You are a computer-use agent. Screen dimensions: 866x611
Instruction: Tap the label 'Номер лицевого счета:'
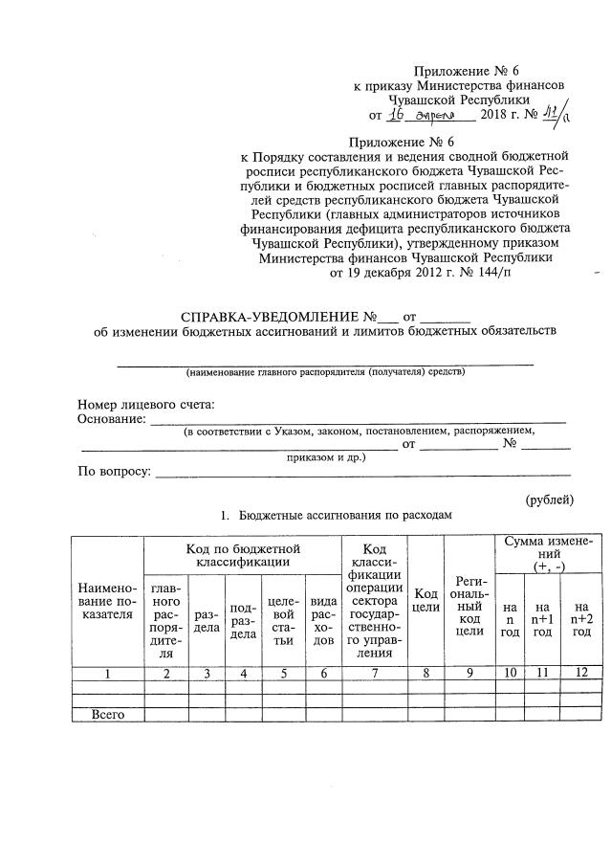[x=145, y=404]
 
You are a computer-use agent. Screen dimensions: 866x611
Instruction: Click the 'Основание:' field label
[x=111, y=418]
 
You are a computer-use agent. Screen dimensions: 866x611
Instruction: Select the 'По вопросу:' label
[x=114, y=472]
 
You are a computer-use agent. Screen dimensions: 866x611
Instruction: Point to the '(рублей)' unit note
[x=549, y=499]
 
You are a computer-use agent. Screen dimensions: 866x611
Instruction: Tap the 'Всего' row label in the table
[x=108, y=714]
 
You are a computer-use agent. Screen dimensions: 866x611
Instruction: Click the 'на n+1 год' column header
[x=542, y=619]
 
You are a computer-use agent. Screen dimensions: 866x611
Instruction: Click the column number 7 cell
[x=376, y=673]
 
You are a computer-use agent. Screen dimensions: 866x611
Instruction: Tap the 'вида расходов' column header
[x=323, y=619]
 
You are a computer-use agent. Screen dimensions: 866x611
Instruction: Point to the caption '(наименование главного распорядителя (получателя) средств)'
[x=325, y=371]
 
